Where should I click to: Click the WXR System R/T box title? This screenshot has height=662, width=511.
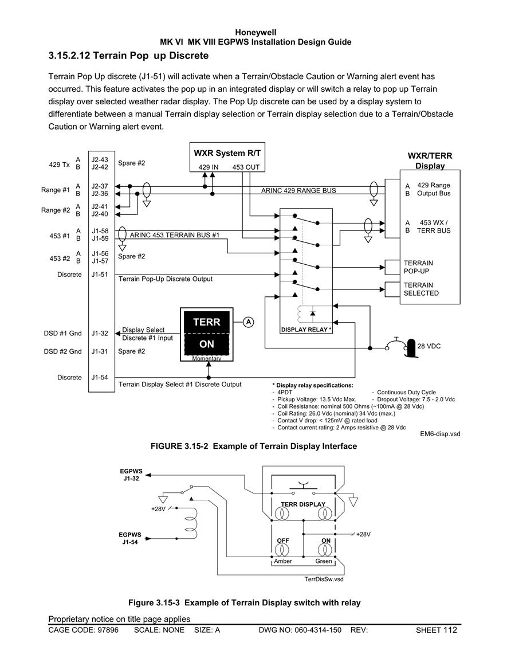pyautogui.click(x=227, y=153)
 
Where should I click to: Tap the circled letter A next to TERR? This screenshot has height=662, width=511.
pyautogui.click(x=249, y=322)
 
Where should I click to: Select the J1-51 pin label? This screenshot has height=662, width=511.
pyautogui.click(x=100, y=275)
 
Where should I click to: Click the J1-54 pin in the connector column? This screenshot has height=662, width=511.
pyautogui.click(x=100, y=378)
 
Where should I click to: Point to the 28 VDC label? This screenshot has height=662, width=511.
pyautogui.click(x=429, y=346)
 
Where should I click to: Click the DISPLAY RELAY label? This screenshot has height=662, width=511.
pyautogui.click(x=306, y=330)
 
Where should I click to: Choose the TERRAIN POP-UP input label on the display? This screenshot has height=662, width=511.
pyautogui.click(x=418, y=267)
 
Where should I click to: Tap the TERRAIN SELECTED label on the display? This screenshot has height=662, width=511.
pyautogui.click(x=421, y=289)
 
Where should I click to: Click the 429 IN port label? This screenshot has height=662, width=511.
pyautogui.click(x=209, y=167)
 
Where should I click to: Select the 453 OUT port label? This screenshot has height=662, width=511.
pyautogui.click(x=246, y=167)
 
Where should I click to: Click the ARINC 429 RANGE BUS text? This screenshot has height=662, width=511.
pyautogui.click(x=298, y=190)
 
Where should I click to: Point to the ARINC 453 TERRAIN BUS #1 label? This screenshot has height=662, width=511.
pyautogui.click(x=175, y=235)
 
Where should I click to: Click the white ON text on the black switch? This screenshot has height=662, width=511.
pyautogui.click(x=207, y=344)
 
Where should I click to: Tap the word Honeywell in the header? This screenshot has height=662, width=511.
pyautogui.click(x=256, y=33)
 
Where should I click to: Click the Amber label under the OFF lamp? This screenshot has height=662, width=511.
pyautogui.click(x=283, y=561)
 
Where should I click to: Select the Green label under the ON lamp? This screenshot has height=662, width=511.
pyautogui.click(x=324, y=561)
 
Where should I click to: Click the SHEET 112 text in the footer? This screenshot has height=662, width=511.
pyautogui.click(x=437, y=630)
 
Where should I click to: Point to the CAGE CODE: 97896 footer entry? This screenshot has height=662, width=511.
pyautogui.click(x=84, y=630)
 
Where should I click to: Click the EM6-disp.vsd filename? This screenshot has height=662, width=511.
pyautogui.click(x=440, y=433)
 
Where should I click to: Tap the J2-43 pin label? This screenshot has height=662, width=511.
pyautogui.click(x=100, y=159)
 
